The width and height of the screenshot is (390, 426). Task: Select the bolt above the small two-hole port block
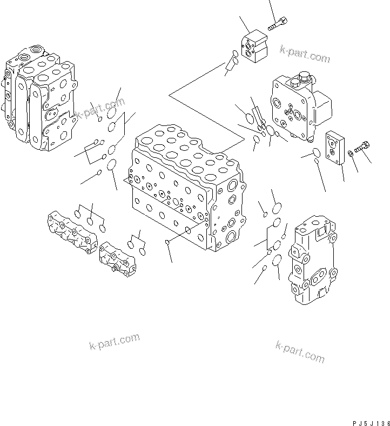click(x=277, y=24)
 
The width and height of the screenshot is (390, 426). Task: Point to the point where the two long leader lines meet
click(x=169, y=96)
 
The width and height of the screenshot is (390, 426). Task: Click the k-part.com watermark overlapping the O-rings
click(x=100, y=108)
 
